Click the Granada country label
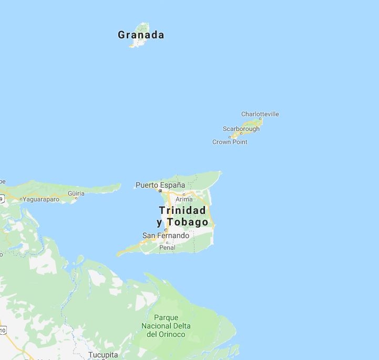pos(141,35)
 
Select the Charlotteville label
pos(260,114)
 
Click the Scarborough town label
pos(241,129)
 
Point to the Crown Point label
pos(230,142)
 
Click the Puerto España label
pos(160,185)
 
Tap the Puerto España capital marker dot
pos(160,191)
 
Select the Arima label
pos(184,199)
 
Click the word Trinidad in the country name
pos(182,210)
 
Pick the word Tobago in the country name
pos(188,222)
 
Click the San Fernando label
pos(166,236)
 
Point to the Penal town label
pos(167,248)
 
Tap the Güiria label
pos(76,193)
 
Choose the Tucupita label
pos(103,355)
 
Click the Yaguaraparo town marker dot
pos(21,200)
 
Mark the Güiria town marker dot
pos(76,198)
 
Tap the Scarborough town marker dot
pos(241,133)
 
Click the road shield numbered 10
pos(2,330)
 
